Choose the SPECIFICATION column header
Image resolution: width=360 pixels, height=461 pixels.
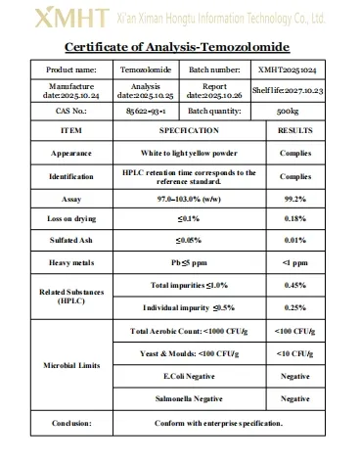coord(182,130)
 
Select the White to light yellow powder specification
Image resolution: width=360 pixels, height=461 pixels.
coord(182,153)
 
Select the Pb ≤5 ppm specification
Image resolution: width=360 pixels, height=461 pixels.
coord(182,262)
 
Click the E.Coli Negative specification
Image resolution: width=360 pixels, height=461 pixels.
coord(182,375)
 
